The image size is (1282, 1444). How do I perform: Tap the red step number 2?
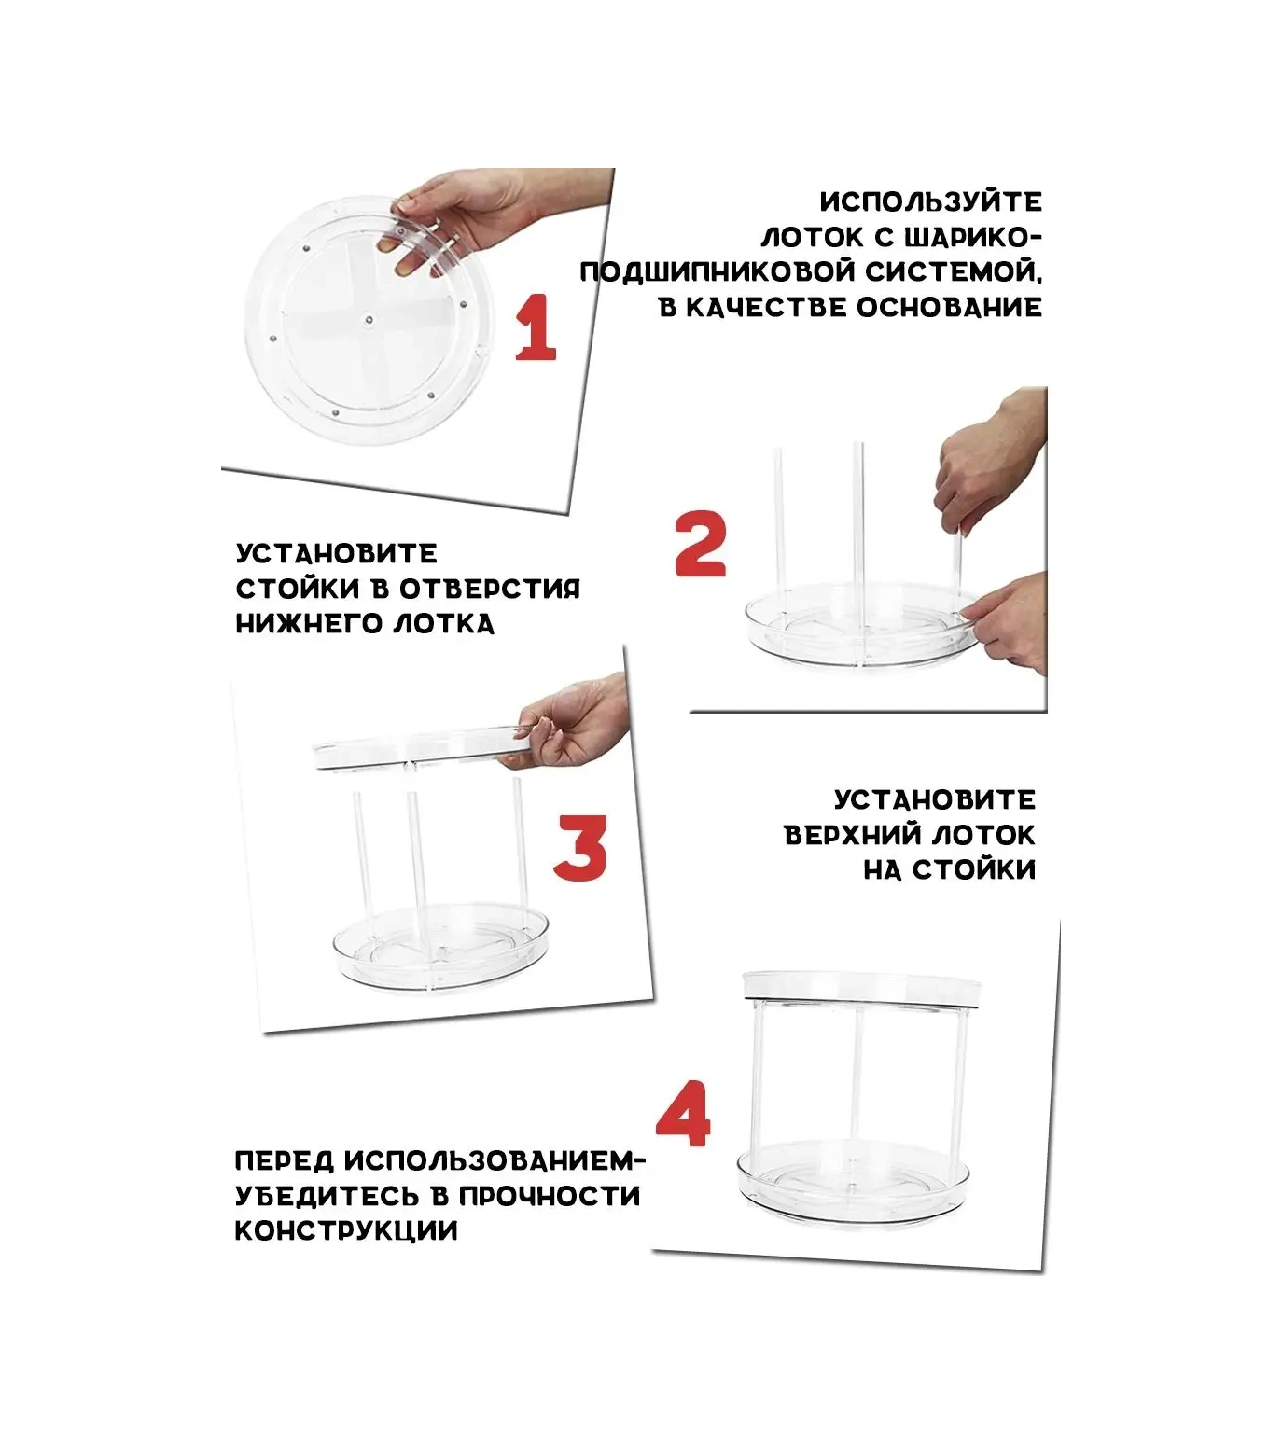point(700,544)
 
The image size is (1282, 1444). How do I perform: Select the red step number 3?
point(579,848)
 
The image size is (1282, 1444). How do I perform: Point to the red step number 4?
point(683,1114)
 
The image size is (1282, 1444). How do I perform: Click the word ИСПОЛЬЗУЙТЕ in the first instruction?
point(930,202)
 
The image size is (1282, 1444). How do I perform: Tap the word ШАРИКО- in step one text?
point(979,237)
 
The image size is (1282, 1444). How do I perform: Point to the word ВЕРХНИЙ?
point(854,834)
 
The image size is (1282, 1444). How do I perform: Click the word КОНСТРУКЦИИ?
point(346,1230)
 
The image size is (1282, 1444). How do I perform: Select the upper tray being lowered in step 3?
point(411,750)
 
